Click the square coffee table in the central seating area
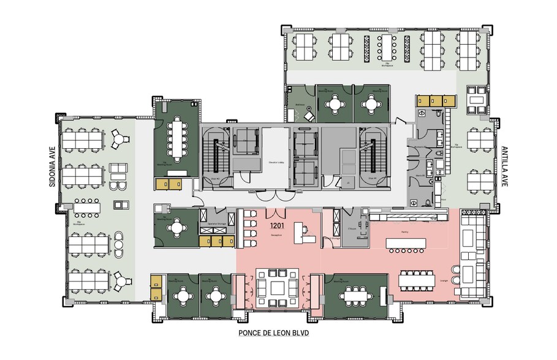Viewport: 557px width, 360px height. tap(278, 287)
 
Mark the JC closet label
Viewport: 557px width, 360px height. tap(346, 182)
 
